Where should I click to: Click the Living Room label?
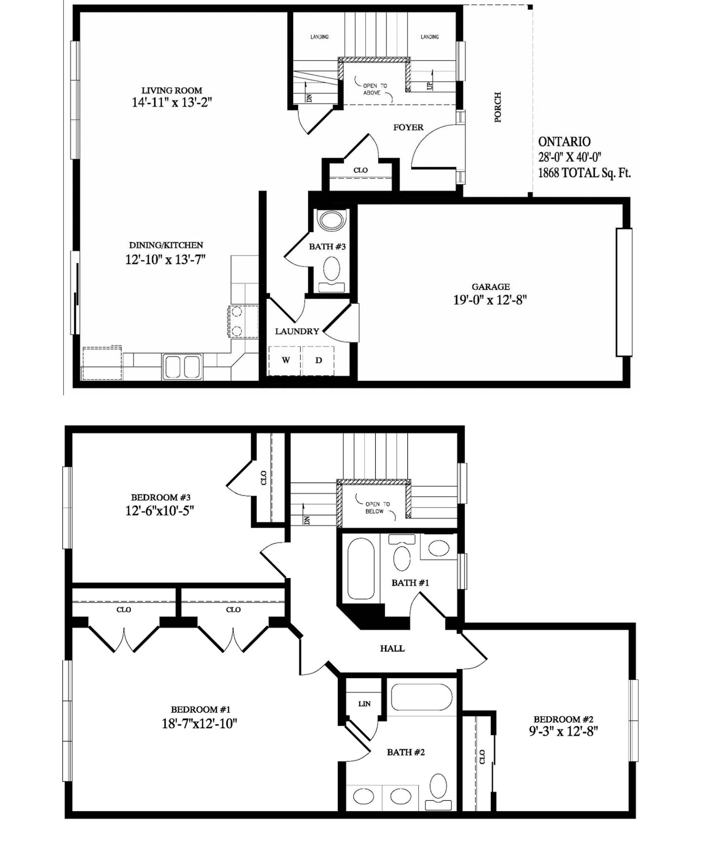point(172,91)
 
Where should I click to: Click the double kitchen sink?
point(181,366)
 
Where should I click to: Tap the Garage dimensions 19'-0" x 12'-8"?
point(490,300)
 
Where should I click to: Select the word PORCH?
point(498,107)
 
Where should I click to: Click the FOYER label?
point(408,128)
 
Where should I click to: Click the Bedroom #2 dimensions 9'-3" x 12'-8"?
point(563,731)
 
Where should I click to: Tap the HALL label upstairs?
point(392,649)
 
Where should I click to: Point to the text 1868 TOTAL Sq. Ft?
point(585,173)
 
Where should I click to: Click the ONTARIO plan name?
point(565,142)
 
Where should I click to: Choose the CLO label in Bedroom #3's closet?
point(264,478)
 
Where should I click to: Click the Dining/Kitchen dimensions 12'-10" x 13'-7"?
point(165,260)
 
